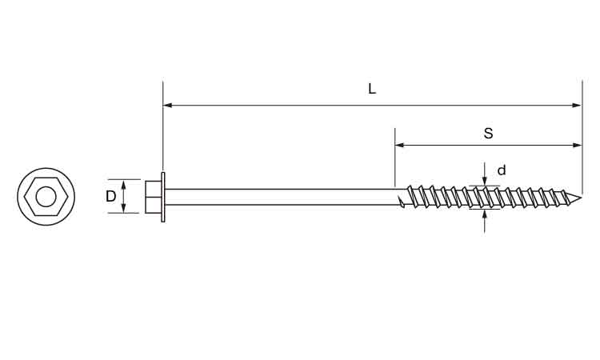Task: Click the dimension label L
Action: point(371,89)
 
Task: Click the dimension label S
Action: point(488,134)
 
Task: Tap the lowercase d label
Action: point(502,170)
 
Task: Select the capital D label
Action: point(110,196)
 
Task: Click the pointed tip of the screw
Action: point(582,198)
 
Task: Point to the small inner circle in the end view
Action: point(46,197)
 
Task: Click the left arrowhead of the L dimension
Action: point(168,105)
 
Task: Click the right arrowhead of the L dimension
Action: point(577,105)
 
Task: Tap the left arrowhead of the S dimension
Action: point(399,145)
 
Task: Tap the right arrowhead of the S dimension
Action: point(577,145)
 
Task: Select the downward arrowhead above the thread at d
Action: point(485,181)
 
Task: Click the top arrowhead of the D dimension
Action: point(123,184)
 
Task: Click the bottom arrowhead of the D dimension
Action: point(123,208)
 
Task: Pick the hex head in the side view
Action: point(153,197)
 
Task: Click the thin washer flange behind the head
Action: point(163,197)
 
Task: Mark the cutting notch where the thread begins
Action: point(401,202)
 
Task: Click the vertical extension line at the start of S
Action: point(395,158)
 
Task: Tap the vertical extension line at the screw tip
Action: point(582,137)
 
